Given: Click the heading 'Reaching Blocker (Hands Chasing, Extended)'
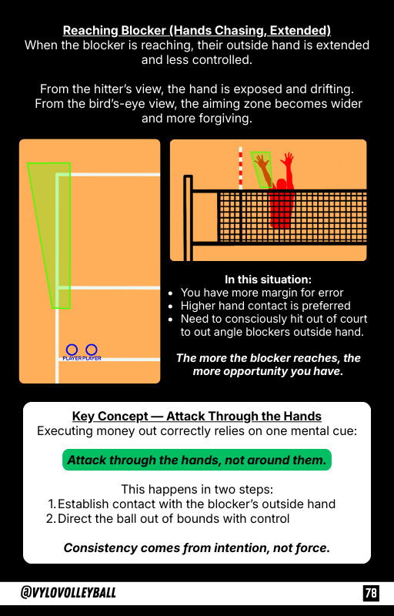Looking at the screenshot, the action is click(x=196, y=31).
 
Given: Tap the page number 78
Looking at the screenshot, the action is click(x=371, y=592).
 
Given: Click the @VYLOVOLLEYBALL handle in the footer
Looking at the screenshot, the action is click(x=68, y=592).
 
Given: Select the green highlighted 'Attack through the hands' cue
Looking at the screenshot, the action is click(x=196, y=460).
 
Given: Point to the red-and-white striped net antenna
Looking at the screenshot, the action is click(x=240, y=168).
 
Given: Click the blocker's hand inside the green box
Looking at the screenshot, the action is click(x=260, y=161).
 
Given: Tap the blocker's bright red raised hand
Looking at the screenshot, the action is click(x=287, y=159).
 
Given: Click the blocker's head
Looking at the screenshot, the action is click(x=281, y=184).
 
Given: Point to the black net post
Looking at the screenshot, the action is click(x=188, y=218).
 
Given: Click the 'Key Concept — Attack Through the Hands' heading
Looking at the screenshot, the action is click(x=196, y=416).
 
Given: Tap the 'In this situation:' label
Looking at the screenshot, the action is click(x=268, y=280).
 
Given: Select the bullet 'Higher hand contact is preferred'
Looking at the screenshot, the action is click(x=265, y=306).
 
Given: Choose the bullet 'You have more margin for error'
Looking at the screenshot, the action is click(x=262, y=293).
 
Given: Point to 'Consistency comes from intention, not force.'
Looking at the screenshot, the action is click(x=196, y=547).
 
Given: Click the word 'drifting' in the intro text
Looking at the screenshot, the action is click(x=332, y=89).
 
